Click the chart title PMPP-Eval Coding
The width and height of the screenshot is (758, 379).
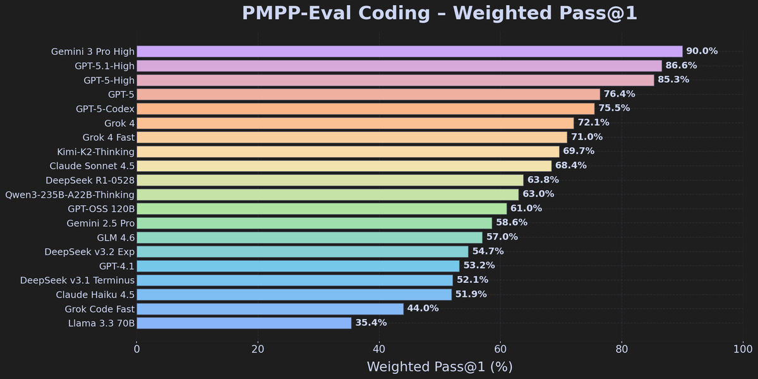(439, 13)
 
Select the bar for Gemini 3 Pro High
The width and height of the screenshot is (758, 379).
(409, 52)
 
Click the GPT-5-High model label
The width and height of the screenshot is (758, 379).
(109, 80)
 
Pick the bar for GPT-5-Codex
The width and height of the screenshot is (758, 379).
(365, 109)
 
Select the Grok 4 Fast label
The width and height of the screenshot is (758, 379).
(108, 137)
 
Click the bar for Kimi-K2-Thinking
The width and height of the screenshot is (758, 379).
(347, 152)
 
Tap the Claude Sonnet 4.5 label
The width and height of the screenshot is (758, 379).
(92, 165)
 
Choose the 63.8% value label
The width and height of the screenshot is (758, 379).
(543, 180)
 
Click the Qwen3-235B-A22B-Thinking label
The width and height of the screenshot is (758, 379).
(69, 195)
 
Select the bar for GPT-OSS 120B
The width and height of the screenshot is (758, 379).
(322, 208)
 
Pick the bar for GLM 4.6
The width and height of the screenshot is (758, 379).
(310, 238)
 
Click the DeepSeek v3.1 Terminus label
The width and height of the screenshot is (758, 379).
(77, 280)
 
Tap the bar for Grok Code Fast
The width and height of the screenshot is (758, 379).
(270, 309)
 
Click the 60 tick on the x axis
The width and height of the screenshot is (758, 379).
(500, 349)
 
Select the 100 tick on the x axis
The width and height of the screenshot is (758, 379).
(743, 349)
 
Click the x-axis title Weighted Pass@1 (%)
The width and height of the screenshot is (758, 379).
(439, 366)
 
